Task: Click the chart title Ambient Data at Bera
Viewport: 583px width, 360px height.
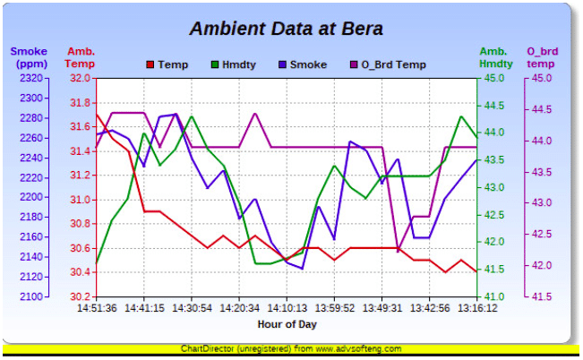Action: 287,29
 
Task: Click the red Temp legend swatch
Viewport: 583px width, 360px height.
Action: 150,64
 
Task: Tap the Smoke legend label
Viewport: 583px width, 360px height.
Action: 309,64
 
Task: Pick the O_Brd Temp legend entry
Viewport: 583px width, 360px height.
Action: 392,64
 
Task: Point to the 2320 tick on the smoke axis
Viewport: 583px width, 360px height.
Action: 30,78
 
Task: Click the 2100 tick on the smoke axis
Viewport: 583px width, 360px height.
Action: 30,296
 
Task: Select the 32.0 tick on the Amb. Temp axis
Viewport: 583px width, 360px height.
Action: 81,78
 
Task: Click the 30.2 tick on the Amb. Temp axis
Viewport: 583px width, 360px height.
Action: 81,296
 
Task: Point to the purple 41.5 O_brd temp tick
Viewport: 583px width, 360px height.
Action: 543,296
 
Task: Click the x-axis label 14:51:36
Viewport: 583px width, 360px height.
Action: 97,308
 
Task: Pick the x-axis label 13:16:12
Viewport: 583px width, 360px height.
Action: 476,308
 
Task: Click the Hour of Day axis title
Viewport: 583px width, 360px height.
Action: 287,323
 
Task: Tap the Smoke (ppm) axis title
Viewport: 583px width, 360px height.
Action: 29,58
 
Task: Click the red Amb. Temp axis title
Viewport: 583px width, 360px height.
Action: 81,58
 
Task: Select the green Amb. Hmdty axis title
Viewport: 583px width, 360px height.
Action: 496,58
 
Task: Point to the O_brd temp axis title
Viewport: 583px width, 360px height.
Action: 543,58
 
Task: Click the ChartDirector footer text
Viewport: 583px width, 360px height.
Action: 291,348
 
